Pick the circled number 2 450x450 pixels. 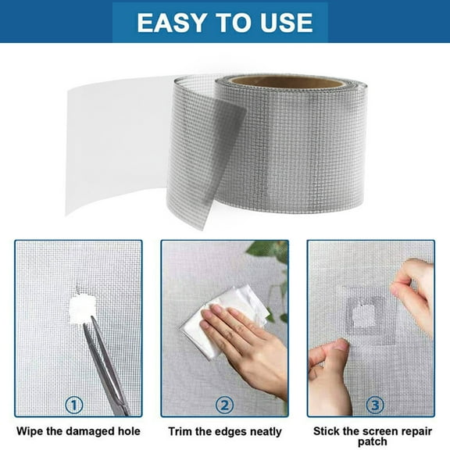coord(224,405)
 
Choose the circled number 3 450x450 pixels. coord(376,405)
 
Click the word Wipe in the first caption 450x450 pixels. coord(33,430)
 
